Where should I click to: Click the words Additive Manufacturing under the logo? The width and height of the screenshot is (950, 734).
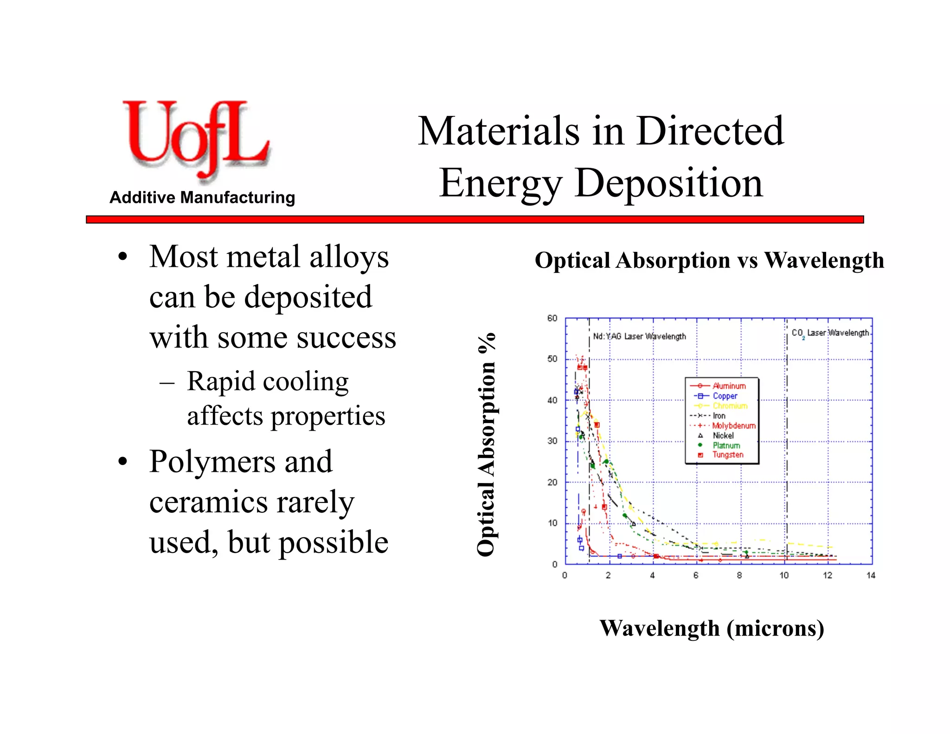point(202,198)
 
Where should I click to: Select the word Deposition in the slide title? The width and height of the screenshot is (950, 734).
point(669,183)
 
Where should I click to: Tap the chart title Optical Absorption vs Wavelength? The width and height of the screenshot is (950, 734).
point(709,260)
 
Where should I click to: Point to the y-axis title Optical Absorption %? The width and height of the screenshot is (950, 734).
point(487,444)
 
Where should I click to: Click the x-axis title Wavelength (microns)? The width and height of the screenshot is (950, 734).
point(712,628)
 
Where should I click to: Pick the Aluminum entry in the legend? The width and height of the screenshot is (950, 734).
point(729,386)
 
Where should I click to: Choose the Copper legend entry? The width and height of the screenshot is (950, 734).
point(725,396)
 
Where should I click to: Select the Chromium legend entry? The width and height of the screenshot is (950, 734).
point(730,406)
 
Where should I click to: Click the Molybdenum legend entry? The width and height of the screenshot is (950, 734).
point(733,425)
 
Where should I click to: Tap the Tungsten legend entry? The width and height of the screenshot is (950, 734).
point(727,455)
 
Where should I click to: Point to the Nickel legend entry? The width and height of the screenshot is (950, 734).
point(723,436)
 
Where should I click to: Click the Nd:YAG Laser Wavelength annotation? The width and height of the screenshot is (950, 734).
point(639,336)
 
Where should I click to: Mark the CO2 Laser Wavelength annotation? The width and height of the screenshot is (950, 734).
point(830,333)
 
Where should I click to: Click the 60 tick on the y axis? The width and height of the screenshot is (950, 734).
point(552,318)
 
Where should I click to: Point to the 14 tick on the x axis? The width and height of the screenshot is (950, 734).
point(871,575)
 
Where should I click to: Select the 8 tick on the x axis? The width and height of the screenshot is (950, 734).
point(739,575)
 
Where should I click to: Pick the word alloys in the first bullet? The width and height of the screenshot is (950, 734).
point(349,257)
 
